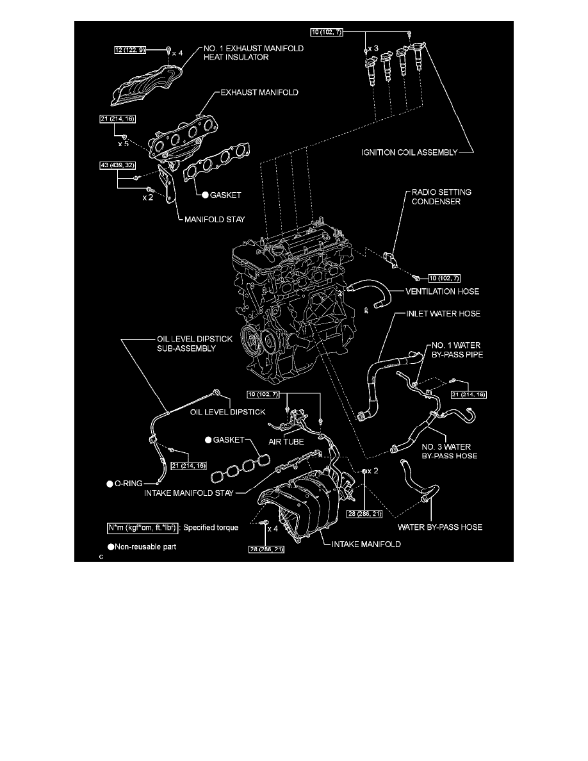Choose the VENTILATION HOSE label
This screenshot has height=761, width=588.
[x=443, y=291]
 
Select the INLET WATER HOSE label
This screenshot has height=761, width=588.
[x=443, y=314]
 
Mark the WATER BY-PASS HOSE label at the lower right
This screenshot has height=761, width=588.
[x=440, y=527]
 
